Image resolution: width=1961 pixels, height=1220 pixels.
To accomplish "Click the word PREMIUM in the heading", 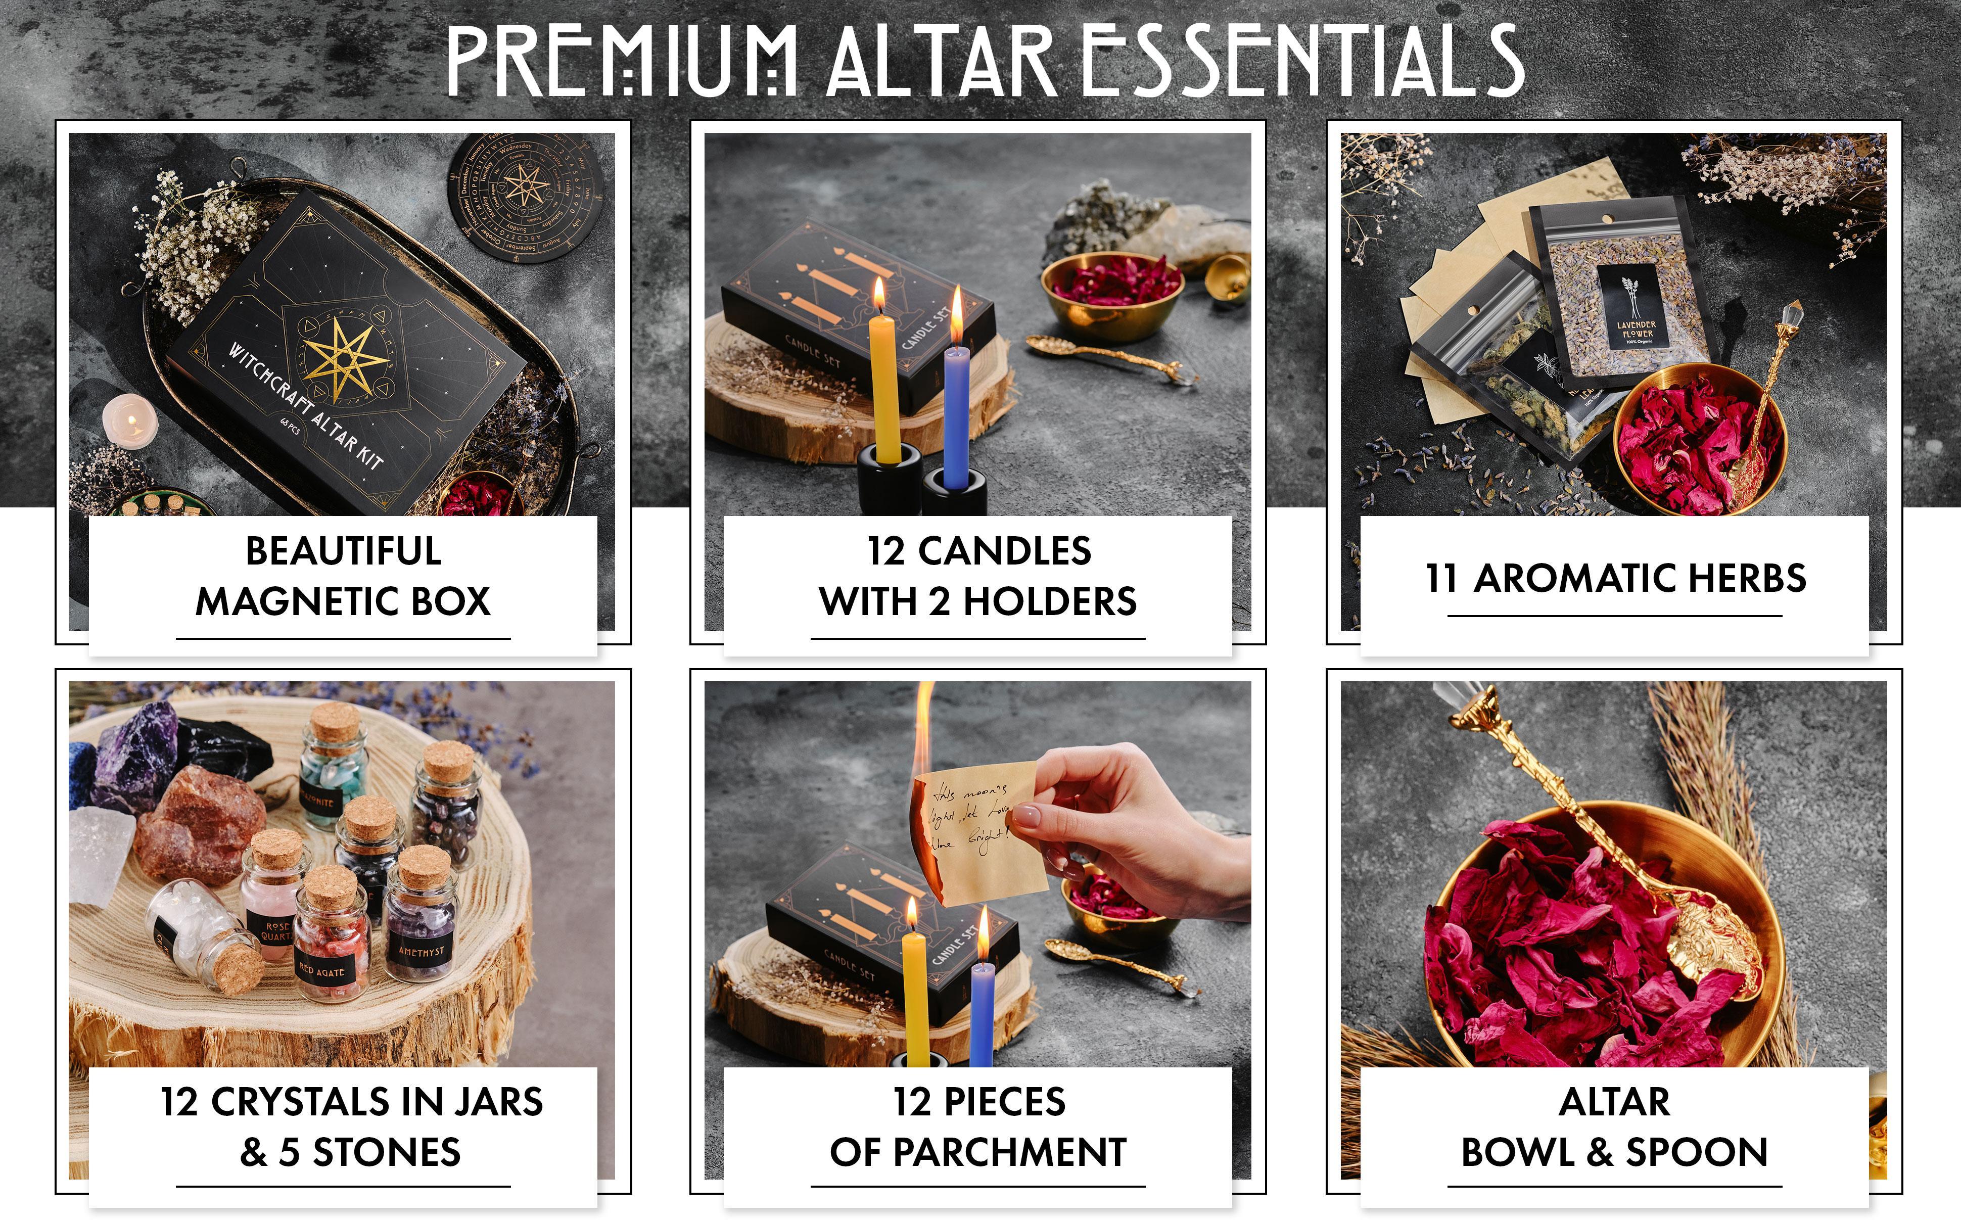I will click(x=621, y=61).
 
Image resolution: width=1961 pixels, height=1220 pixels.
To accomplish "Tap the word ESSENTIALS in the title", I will click(x=1300, y=61).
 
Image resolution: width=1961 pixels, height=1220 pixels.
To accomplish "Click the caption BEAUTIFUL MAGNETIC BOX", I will click(x=343, y=576).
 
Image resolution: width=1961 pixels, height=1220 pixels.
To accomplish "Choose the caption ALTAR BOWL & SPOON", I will click(x=1614, y=1127).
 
